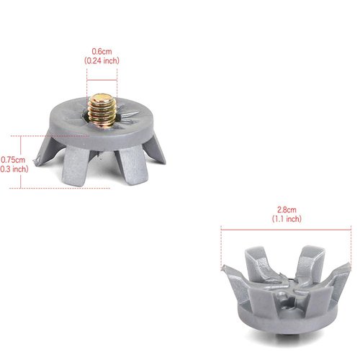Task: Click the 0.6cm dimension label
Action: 102,51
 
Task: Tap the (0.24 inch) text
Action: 102,60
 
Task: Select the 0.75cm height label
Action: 13,160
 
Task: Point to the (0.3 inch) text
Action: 14,169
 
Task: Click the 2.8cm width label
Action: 287,210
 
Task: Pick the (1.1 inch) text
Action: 287,219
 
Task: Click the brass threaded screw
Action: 102,110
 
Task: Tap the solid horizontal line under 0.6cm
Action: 102,80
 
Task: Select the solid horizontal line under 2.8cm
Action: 286,230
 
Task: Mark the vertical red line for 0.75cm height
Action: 21,162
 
